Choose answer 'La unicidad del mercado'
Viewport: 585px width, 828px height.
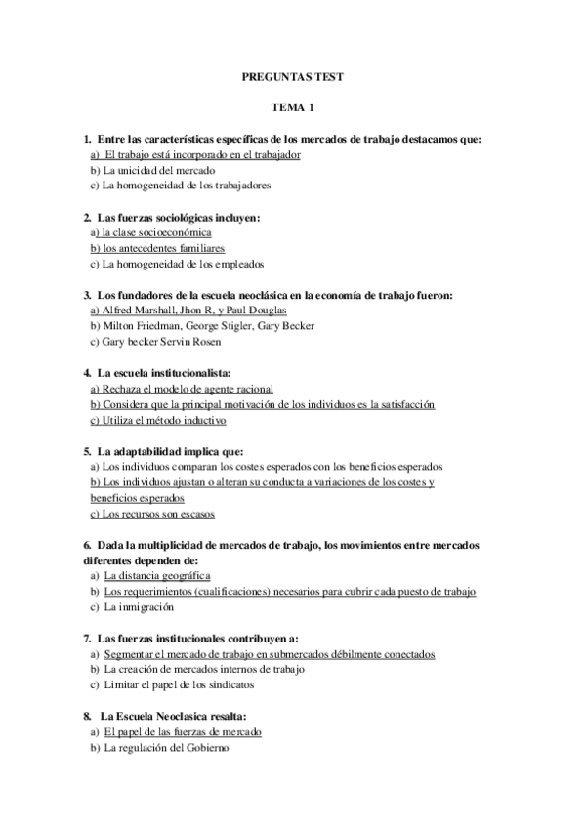(x=158, y=169)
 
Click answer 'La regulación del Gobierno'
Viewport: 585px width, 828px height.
(x=164, y=748)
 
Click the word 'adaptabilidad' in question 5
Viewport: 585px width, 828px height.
(x=146, y=451)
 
